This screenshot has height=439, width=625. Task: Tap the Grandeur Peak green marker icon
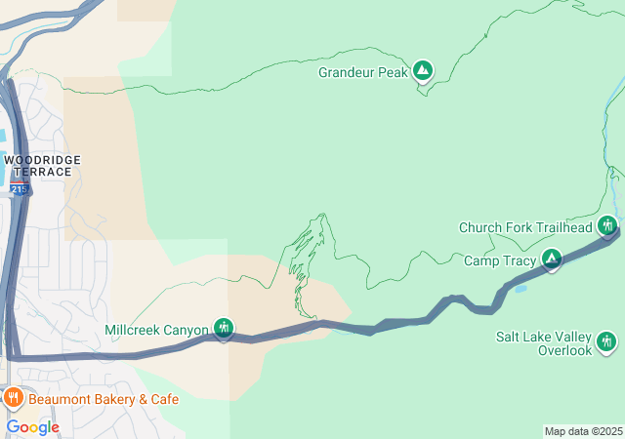[x=423, y=70]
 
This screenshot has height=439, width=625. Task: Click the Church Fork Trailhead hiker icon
[x=607, y=226]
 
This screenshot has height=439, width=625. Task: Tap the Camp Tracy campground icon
[x=552, y=259]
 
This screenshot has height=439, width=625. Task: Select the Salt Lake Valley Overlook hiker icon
[x=606, y=340]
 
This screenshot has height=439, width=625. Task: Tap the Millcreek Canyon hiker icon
[x=224, y=328]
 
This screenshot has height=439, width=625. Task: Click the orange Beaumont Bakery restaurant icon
[x=14, y=397]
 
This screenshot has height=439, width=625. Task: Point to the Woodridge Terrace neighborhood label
[x=41, y=165]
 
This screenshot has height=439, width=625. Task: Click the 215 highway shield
[x=21, y=189]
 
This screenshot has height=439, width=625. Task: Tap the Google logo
[x=32, y=426]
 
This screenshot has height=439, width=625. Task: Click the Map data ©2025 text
[x=583, y=431]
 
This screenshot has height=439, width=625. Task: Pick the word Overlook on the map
[x=565, y=350]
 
